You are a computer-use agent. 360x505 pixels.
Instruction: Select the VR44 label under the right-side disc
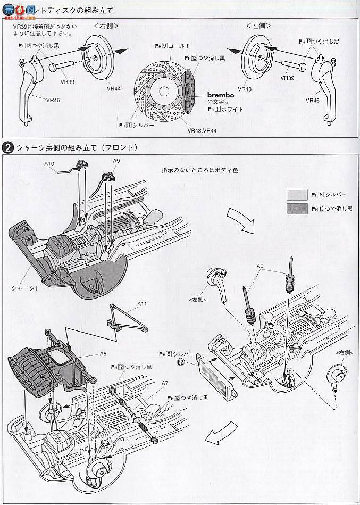point(113,89)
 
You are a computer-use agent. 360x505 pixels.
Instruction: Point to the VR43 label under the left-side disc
point(245,89)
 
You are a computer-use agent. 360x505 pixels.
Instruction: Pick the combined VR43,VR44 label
point(202,130)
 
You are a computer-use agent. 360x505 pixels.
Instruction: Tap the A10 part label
point(50,164)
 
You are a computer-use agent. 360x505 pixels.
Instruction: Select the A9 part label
point(117,161)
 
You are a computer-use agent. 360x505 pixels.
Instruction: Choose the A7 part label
point(165,383)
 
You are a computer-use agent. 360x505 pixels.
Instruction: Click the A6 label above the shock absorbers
point(259,266)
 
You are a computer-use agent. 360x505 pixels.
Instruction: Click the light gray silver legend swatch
point(296,194)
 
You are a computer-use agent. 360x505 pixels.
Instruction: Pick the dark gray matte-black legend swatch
point(296,208)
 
